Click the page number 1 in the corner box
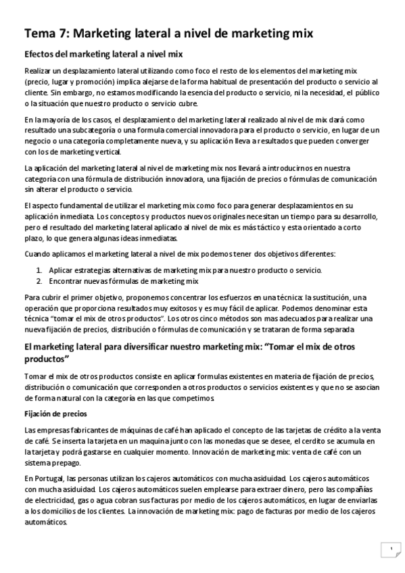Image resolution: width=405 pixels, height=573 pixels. pyautogui.click(x=390, y=549)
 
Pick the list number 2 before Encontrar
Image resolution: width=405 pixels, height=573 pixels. pyautogui.click(x=39, y=280)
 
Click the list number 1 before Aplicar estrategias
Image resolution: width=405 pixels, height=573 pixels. pyautogui.click(x=39, y=270)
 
